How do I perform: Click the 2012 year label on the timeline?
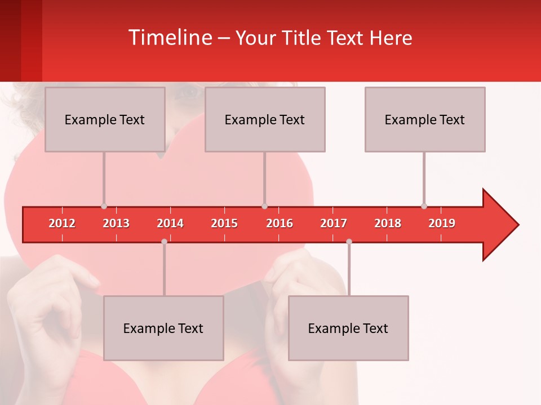pyautogui.click(x=62, y=223)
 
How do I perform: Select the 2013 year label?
pyautogui.click(x=116, y=223)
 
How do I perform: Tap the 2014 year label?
pyautogui.click(x=170, y=223)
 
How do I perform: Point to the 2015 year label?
pyautogui.click(x=224, y=223)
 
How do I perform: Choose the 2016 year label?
pyautogui.click(x=280, y=223)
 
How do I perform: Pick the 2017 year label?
pyautogui.click(x=334, y=223)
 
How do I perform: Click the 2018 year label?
pyautogui.click(x=388, y=223)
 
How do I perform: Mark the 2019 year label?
pyautogui.click(x=442, y=223)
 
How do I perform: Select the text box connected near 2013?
pyautogui.click(x=105, y=119)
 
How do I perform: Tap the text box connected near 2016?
pyautogui.click(x=265, y=119)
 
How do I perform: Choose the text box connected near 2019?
pyautogui.click(x=425, y=119)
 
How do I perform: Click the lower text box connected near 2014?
pyautogui.click(x=163, y=328)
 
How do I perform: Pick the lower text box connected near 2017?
pyautogui.click(x=348, y=328)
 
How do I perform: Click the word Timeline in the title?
pyautogui.click(x=170, y=38)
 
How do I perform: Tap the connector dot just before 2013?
pyautogui.click(x=104, y=206)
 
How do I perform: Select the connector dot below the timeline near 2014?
pyautogui.click(x=164, y=241)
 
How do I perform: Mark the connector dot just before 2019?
pyautogui.click(x=424, y=206)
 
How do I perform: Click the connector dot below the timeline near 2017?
pyautogui.click(x=349, y=241)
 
